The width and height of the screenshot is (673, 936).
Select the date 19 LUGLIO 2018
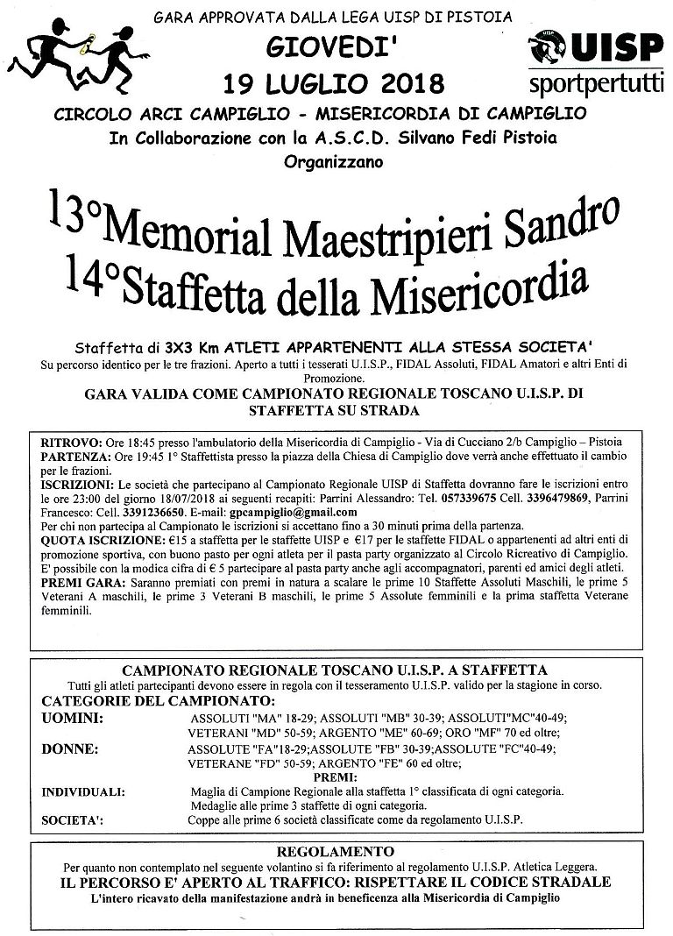[334, 83]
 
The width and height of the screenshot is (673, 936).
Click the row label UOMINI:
[72, 718]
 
